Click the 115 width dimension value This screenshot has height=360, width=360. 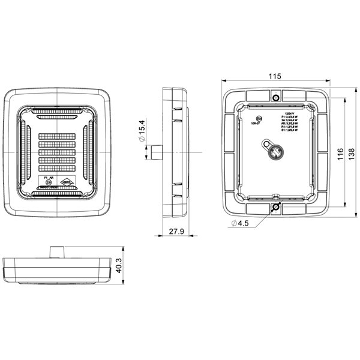coord(275,76)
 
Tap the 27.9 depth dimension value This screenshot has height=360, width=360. coord(176,232)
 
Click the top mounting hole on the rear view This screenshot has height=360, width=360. coord(275,97)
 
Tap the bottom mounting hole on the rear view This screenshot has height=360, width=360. coord(275,207)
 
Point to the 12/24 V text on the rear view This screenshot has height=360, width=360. coord(288,112)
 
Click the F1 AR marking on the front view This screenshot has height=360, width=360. coord(50,178)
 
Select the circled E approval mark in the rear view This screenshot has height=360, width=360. coord(259,119)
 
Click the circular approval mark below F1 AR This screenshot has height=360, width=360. coord(50,184)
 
